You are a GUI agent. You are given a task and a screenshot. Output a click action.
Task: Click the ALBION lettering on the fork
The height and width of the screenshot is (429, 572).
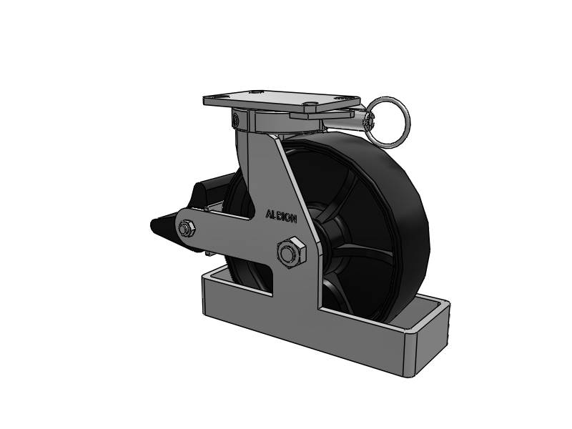coord(281,216)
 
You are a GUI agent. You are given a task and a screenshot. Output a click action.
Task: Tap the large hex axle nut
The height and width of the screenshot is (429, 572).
coord(292,252)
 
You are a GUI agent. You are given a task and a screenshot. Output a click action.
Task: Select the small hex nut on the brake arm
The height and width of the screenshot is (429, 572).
coord(187,229)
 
